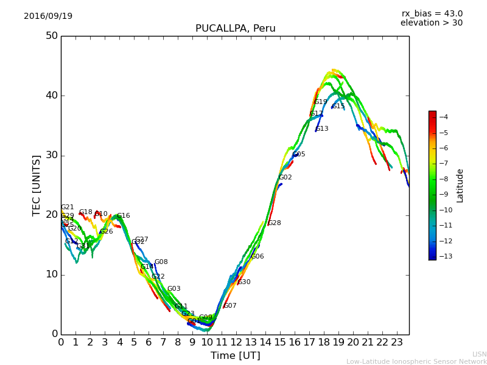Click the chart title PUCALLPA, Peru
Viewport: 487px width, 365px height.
pyautogui.click(x=235, y=29)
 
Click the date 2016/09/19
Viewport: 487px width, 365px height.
pyautogui.click(x=48, y=16)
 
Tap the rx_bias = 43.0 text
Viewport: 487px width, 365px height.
pyautogui.click(x=432, y=13)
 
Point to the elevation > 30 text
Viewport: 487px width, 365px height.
pyautogui.click(x=431, y=23)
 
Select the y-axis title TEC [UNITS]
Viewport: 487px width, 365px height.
pyautogui.click(x=37, y=185)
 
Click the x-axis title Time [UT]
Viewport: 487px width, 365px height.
pyautogui.click(x=235, y=356)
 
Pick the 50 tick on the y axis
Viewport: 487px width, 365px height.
pyautogui.click(x=51, y=36)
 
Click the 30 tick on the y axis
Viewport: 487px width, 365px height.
pyautogui.click(x=51, y=155)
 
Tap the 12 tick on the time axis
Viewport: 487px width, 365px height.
pyautogui.click(x=236, y=343)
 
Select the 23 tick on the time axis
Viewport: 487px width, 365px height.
pyautogui.click(x=397, y=343)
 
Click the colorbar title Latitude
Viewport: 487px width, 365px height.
pyautogui.click(x=460, y=186)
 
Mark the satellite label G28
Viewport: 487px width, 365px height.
pyautogui.click(x=274, y=223)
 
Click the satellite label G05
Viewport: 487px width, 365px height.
pyautogui.click(x=298, y=155)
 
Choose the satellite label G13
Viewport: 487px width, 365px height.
pyautogui.click(x=321, y=129)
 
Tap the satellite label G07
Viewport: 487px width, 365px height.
pyautogui.click(x=230, y=306)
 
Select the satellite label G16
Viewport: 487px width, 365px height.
pyautogui.click(x=123, y=216)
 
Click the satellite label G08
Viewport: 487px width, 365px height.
pyautogui.click(x=161, y=262)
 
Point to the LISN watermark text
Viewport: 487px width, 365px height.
pyautogui.click(x=479, y=354)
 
